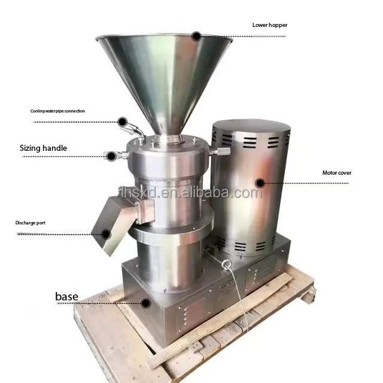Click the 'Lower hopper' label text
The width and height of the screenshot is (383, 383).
click(x=270, y=25)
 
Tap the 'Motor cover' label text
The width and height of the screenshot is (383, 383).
click(x=336, y=173)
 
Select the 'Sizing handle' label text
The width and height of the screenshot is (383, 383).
click(x=43, y=148)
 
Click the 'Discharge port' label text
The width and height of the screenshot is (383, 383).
click(x=31, y=223)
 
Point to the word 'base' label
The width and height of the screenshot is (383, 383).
click(x=66, y=297)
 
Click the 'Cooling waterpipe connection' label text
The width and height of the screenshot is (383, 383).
click(x=57, y=111)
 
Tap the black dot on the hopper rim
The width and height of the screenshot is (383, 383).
click(x=196, y=36)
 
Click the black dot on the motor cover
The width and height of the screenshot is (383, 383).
click(x=260, y=183)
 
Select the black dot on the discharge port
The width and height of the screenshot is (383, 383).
click(x=106, y=234)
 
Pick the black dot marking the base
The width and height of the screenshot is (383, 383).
click(x=146, y=303)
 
